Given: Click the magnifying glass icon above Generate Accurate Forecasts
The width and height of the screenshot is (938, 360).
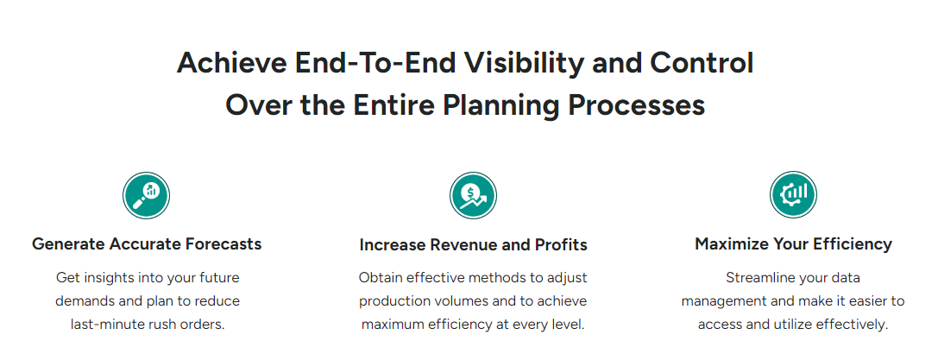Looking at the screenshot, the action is [147, 196].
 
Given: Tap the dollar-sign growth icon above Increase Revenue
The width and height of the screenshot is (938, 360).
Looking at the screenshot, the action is [473, 196].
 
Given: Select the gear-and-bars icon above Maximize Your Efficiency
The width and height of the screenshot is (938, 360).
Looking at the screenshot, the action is [793, 195].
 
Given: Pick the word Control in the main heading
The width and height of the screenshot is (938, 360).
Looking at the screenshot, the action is [702, 63].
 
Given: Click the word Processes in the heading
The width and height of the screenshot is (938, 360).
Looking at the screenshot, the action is [636, 105].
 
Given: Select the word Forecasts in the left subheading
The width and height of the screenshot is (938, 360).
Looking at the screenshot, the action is [223, 244].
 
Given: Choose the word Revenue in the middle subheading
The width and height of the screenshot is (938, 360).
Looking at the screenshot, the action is [457, 245].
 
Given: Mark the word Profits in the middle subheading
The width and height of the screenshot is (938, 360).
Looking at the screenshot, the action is [559, 245].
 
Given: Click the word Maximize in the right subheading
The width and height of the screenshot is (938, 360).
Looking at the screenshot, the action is [723, 244].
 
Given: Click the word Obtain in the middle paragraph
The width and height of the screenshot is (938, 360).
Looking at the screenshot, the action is [378, 277].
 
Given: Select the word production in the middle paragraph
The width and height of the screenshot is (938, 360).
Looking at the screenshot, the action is [389, 301].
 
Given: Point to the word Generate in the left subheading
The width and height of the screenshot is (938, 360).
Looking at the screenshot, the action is [69, 244].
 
